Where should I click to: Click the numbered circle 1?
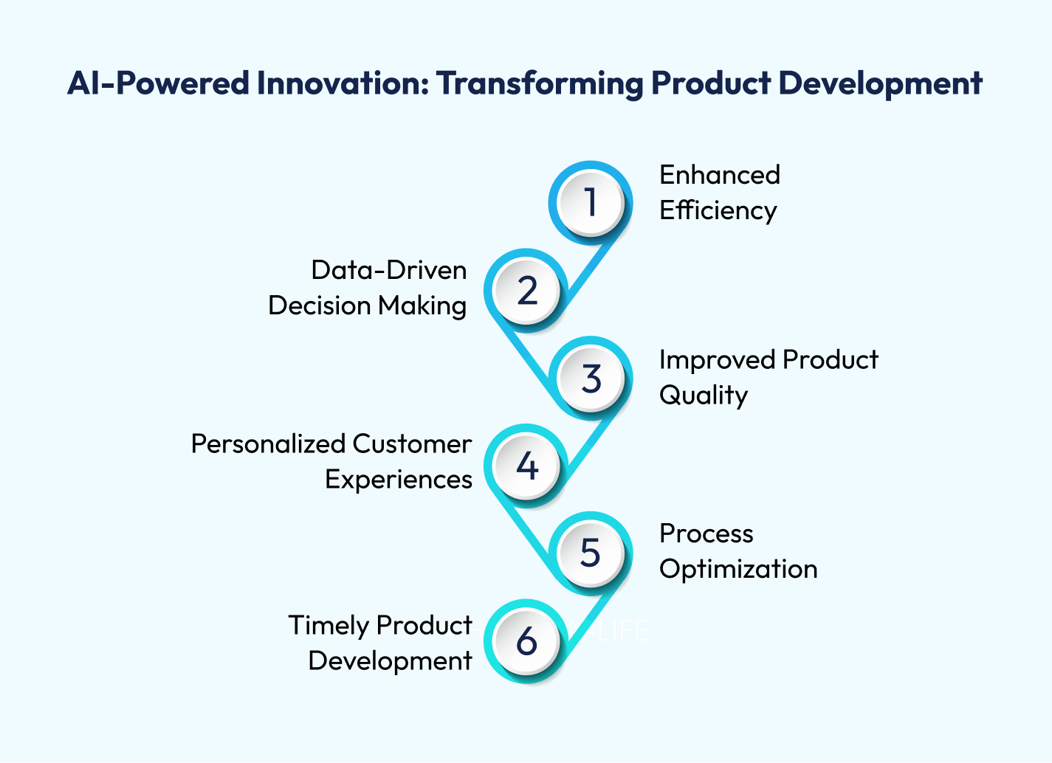tap(591, 203)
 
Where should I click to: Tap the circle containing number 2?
tap(526, 291)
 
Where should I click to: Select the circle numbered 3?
tap(591, 378)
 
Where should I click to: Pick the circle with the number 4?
tap(526, 466)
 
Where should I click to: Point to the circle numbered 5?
tap(591, 553)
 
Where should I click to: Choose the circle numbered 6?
tap(526, 641)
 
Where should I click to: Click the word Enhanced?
tap(720, 175)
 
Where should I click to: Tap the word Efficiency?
tap(718, 210)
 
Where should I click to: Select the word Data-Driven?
tap(389, 271)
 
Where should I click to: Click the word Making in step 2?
tap(422, 306)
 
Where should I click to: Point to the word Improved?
tap(718, 361)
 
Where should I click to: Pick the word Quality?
tap(704, 396)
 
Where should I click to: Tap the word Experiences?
tap(399, 480)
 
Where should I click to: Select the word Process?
tap(707, 534)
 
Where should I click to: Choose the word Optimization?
tap(738, 570)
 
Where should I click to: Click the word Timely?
tap(329, 626)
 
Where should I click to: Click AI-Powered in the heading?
tap(158, 83)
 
